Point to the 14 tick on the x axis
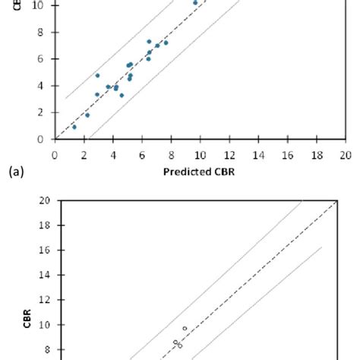coord(257,153)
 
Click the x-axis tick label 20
coord(345,153)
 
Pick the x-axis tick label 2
coord(84,153)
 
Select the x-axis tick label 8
coord(171,153)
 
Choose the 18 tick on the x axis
coord(316,153)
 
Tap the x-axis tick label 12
coord(229,153)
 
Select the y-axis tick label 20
coord(44,201)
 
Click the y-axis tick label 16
coord(44,251)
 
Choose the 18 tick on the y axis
coord(44,226)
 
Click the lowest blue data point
coord(74,127)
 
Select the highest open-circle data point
coord(185,329)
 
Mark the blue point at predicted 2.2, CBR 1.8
coord(87,115)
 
